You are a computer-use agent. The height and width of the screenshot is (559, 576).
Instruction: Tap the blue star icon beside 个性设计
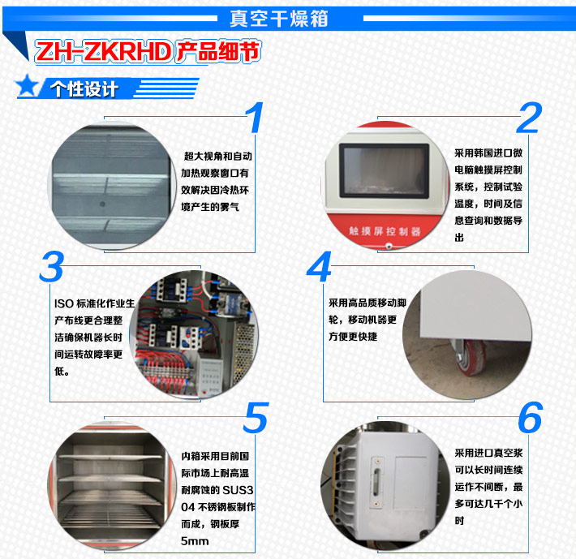28,86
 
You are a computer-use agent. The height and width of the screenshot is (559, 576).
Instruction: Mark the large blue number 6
529,418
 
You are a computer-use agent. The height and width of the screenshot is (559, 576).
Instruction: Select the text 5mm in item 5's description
196,540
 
